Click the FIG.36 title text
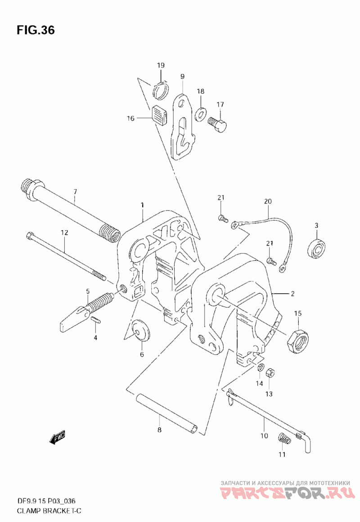[x=36, y=30]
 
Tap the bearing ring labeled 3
[x=316, y=248]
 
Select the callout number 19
[x=161, y=65]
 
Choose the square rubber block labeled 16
[x=160, y=115]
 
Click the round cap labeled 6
[x=141, y=331]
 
